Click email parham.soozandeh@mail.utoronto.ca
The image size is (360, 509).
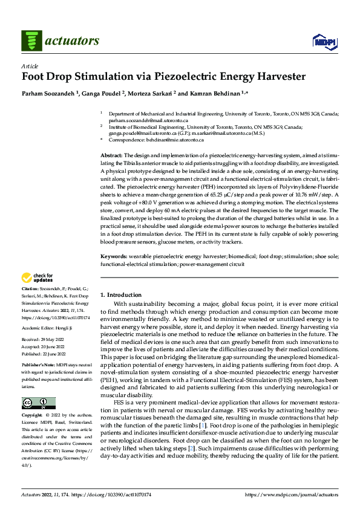140,119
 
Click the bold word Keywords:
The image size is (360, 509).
114,257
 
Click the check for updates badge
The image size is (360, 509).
38,277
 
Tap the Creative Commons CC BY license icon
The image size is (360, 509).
38,403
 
